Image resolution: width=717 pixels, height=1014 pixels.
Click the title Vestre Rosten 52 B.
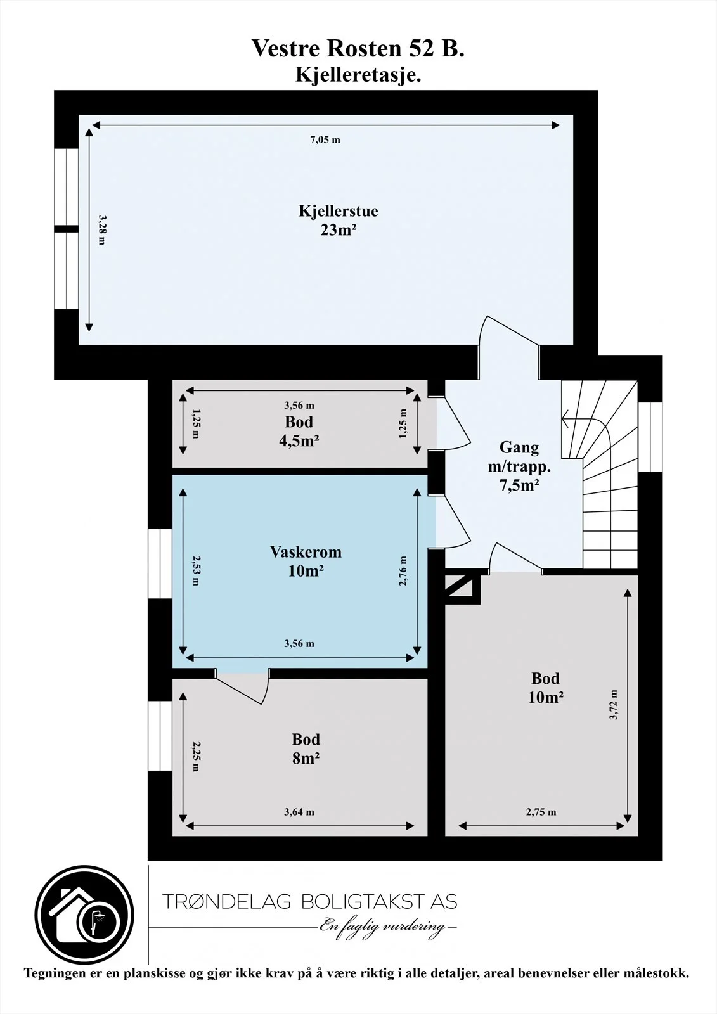pyautogui.click(x=358, y=49)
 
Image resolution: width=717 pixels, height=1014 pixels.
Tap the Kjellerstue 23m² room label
pyautogui.click(x=339, y=221)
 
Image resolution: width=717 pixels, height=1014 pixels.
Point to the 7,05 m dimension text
pyautogui.click(x=325, y=140)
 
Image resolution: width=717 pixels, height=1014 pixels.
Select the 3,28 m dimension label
pyautogui.click(x=102, y=229)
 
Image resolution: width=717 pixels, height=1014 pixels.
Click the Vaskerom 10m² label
pyautogui.click(x=306, y=562)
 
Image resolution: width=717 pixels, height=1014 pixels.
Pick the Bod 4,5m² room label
pyautogui.click(x=299, y=431)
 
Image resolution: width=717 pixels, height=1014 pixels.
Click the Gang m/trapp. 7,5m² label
pyautogui.click(x=519, y=466)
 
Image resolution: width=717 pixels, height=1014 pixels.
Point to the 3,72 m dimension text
pyautogui.click(x=614, y=705)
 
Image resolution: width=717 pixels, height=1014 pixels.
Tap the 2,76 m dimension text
pyautogui.click(x=403, y=571)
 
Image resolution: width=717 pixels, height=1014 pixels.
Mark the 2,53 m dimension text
pyautogui.click(x=196, y=570)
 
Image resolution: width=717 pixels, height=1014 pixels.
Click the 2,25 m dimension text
pyautogui.click(x=196, y=757)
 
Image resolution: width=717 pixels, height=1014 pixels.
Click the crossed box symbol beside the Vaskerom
pyautogui.click(x=462, y=589)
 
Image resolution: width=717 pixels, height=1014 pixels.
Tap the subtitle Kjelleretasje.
pyautogui.click(x=358, y=75)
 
